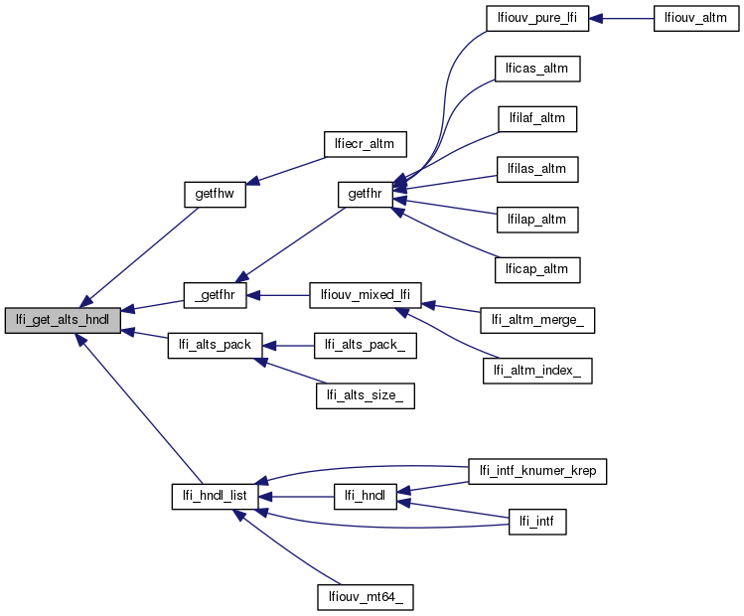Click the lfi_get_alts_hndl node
(64, 320)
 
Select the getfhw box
(215, 194)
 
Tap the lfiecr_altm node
(359, 143)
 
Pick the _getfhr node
(215, 295)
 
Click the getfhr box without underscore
(364, 194)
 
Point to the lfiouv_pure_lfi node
(536, 19)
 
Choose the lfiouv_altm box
(696, 19)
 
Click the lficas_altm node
(536, 69)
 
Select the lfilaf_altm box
(536, 118)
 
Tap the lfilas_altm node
(536, 168)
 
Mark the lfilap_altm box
(536, 218)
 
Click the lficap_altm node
(536, 267)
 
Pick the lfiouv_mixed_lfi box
(366, 295)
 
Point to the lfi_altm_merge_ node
(537, 320)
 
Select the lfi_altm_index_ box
(537, 371)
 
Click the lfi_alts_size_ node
(365, 395)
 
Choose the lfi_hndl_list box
(215, 495)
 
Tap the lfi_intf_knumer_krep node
(537, 470)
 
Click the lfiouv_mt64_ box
(365, 596)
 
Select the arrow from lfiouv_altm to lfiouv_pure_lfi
(621, 19)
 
